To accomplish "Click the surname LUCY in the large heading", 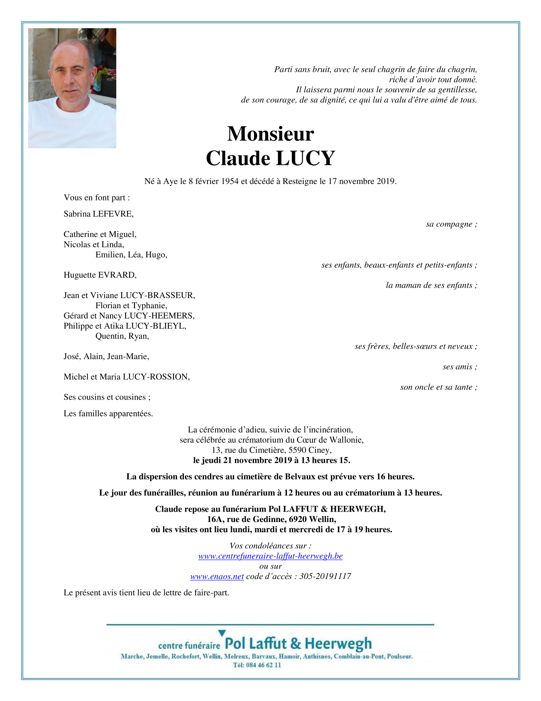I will (x=305, y=158).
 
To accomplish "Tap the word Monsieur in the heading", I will (x=270, y=134).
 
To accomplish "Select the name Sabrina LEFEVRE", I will (x=99, y=214).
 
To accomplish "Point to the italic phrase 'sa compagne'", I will (x=449, y=224).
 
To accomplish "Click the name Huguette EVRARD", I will (x=100, y=275).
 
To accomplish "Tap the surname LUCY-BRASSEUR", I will (x=157, y=295).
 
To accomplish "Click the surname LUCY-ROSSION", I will (x=156, y=377).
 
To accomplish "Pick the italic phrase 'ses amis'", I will (x=457, y=367).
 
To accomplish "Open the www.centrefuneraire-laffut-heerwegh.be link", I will (x=270, y=556).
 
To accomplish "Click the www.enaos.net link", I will (x=217, y=576).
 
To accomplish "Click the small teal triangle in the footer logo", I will (x=222, y=634).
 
